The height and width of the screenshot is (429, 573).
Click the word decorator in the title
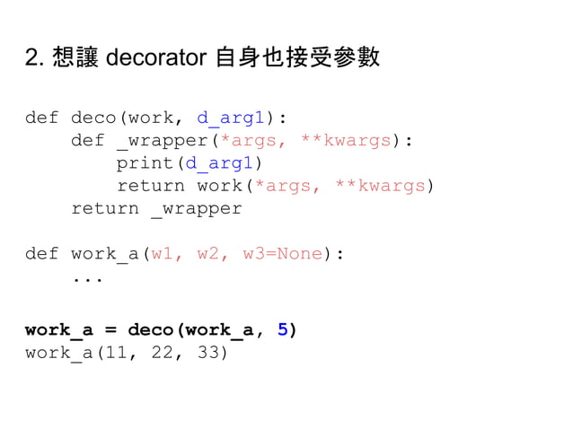click(x=157, y=60)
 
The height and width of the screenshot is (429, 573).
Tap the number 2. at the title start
click(x=35, y=60)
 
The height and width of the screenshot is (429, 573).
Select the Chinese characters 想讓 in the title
click(x=74, y=60)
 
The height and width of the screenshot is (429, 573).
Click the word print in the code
click(x=145, y=163)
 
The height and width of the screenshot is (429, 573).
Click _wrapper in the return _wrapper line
click(x=196, y=209)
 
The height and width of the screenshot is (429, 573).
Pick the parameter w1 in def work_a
click(x=162, y=254)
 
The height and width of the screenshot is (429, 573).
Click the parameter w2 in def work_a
click(x=207, y=254)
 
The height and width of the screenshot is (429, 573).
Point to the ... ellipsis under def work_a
click(x=87, y=277)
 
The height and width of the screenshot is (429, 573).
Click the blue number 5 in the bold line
click(x=283, y=329)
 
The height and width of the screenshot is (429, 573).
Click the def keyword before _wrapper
click(x=87, y=141)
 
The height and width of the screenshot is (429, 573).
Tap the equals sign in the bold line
click(x=110, y=329)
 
